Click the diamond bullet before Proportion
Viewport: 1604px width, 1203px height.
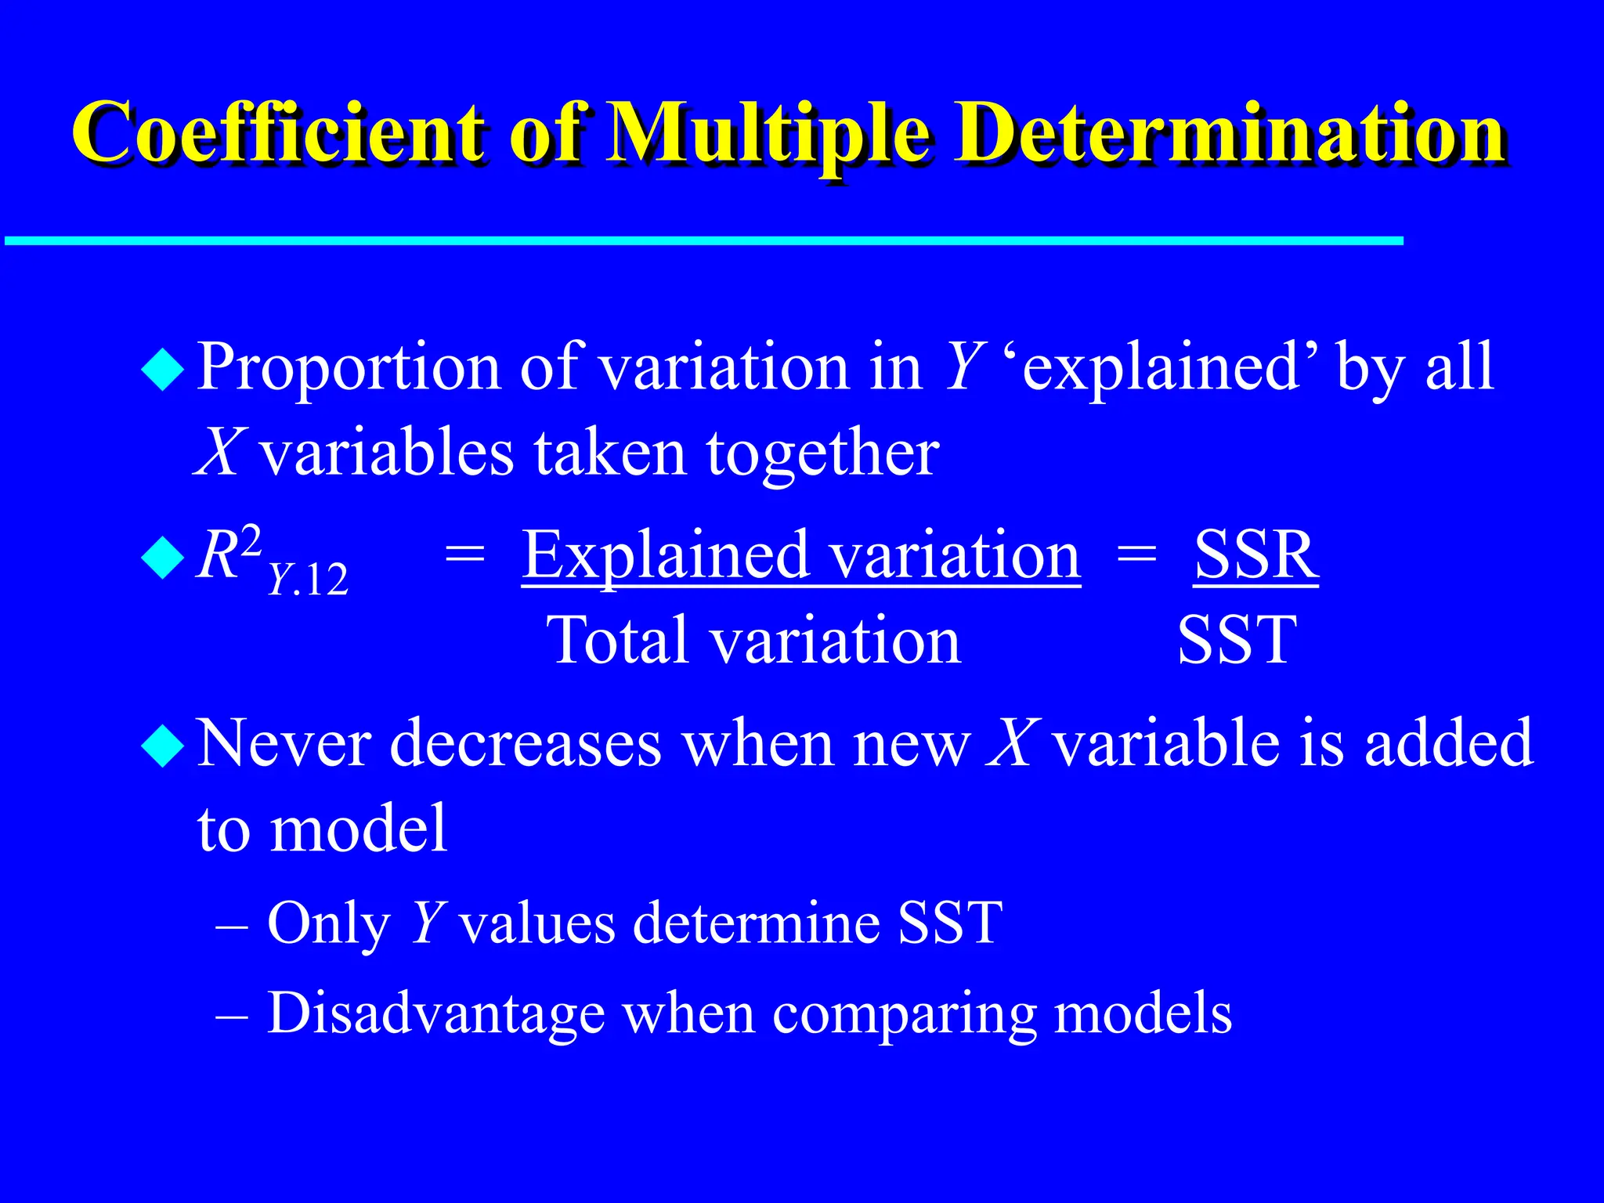[x=163, y=368]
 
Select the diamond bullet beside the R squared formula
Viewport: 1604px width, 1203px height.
[x=163, y=557]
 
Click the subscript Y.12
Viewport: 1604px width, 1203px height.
[x=308, y=580]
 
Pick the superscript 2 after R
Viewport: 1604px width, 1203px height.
[x=251, y=540]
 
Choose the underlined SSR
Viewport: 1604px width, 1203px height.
[x=1255, y=555]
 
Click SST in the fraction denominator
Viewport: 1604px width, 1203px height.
[x=1237, y=641]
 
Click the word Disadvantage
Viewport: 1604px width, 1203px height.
[x=435, y=1013]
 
